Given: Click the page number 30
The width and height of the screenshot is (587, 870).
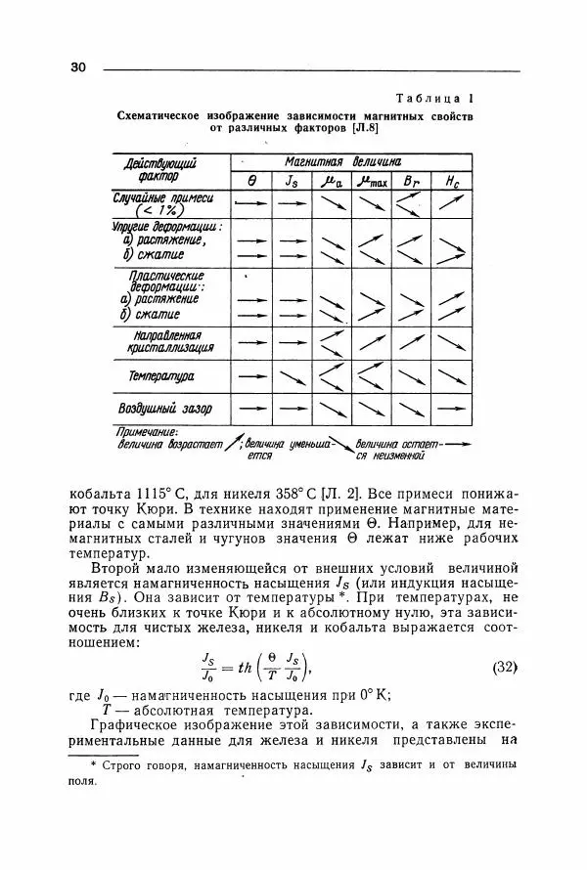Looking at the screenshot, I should [79, 67].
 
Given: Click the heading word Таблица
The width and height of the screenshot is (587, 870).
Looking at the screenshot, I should [428, 99].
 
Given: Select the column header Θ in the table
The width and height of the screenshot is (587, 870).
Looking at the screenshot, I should [251, 181].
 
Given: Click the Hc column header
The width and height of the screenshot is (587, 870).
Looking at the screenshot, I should [449, 181].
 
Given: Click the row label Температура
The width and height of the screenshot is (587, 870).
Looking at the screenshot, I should [161, 376].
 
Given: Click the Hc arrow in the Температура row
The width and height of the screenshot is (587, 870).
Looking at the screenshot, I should [449, 375].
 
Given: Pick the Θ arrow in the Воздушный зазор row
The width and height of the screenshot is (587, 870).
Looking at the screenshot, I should [251, 407].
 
